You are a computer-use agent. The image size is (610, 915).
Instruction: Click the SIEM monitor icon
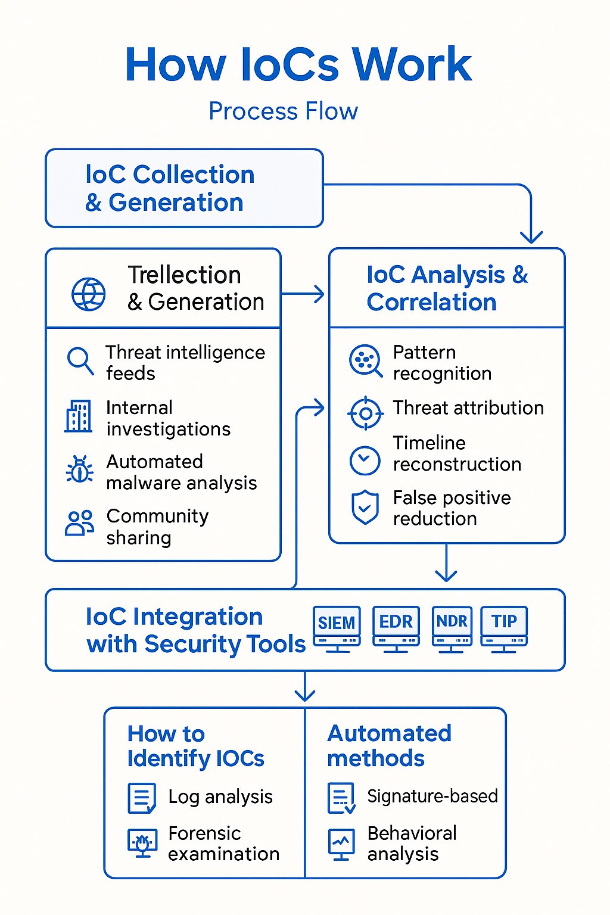(x=337, y=628)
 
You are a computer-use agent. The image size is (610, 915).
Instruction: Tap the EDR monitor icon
(x=396, y=628)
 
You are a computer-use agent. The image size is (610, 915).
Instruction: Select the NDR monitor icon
(x=452, y=628)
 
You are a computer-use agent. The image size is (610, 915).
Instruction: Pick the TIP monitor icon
(x=504, y=628)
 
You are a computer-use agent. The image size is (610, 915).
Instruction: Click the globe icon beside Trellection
(x=89, y=294)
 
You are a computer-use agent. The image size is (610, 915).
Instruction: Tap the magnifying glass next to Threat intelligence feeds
(x=80, y=360)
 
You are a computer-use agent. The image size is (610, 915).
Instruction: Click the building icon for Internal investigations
(x=79, y=416)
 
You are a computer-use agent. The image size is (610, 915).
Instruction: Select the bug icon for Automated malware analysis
(x=80, y=470)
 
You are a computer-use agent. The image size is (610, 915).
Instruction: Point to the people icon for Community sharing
(x=79, y=523)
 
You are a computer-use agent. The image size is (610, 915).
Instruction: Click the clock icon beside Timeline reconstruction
(x=365, y=460)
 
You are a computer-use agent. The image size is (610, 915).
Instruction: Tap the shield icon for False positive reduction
(x=365, y=508)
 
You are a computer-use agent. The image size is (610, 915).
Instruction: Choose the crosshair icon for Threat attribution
(x=365, y=413)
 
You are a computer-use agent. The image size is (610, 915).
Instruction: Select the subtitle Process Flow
(x=283, y=111)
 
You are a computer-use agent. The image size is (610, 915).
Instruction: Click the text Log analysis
(x=220, y=796)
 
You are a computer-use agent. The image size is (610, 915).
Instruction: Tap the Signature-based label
(x=432, y=796)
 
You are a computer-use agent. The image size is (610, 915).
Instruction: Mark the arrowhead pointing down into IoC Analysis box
(x=531, y=237)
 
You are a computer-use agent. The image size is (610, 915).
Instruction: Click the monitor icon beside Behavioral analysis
(x=341, y=844)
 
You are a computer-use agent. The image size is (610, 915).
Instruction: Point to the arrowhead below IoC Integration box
(x=305, y=695)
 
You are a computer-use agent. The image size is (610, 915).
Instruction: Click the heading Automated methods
(x=389, y=745)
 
